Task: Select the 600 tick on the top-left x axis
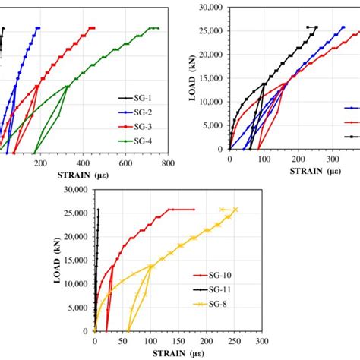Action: pyautogui.click(x=125, y=162)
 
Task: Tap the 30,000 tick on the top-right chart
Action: pyautogui.click(x=208, y=8)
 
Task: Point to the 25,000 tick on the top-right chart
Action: pyautogui.click(x=208, y=31)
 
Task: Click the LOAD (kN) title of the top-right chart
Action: pyautogui.click(x=185, y=77)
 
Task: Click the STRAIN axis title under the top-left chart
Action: pyautogui.click(x=73, y=173)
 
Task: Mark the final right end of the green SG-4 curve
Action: pyautogui.click(x=158, y=28)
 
